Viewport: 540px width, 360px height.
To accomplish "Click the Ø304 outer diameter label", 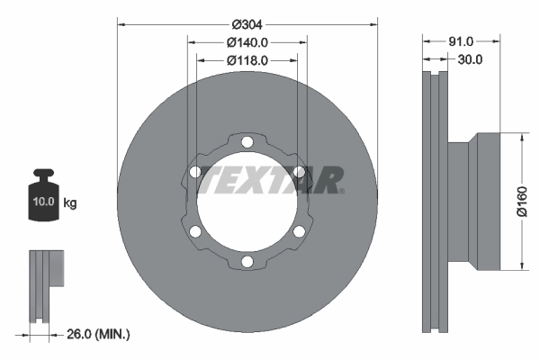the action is [x=247, y=25].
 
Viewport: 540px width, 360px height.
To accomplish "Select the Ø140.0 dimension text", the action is [x=247, y=42].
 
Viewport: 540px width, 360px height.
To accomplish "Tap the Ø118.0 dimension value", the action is [x=247, y=60].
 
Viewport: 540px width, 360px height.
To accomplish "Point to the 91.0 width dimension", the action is [x=461, y=41].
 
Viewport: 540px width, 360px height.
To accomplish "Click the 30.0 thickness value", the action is [x=470, y=59].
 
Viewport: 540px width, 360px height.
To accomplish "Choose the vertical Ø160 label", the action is [x=522, y=202].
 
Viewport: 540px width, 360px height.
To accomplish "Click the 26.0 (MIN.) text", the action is [x=98, y=334].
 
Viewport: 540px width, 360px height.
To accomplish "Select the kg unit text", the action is [x=70, y=202].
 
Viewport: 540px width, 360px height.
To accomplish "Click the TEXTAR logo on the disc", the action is [x=270, y=180].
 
